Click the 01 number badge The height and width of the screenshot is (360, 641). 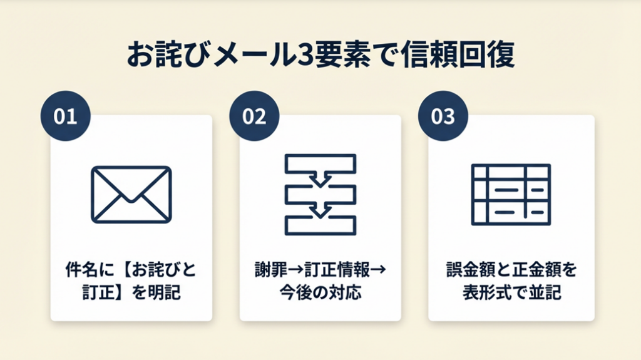click(65, 117)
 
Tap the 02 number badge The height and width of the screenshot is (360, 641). click(254, 117)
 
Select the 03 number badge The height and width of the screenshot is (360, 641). click(443, 117)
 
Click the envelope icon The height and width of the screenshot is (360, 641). click(131, 194)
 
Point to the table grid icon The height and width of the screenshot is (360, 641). click(510, 194)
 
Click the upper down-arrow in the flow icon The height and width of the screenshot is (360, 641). click(320, 180)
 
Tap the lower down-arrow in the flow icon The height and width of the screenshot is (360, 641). click(320, 210)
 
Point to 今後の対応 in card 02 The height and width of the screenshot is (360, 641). click(320, 292)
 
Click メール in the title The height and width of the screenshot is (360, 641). click(243, 56)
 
